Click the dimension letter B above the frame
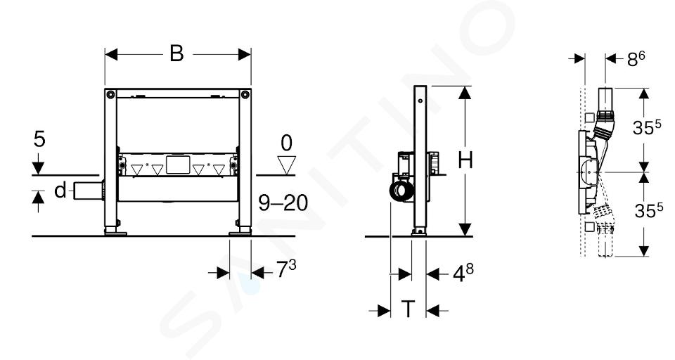click(x=176, y=54)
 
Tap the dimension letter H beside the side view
click(x=465, y=160)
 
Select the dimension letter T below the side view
click(x=408, y=309)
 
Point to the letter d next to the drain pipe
click(x=60, y=190)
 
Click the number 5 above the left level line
click(x=39, y=139)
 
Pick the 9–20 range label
click(x=283, y=202)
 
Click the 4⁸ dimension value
click(x=463, y=273)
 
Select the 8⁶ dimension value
click(x=636, y=58)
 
